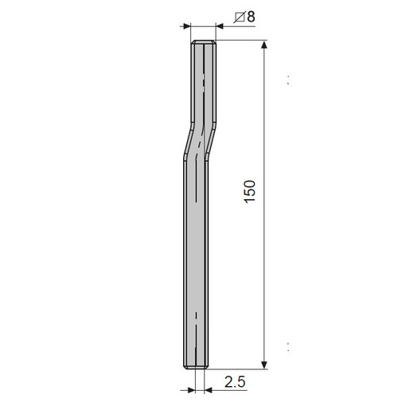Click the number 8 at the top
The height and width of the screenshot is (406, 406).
tap(251, 17)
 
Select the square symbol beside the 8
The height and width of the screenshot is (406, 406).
tap(239, 18)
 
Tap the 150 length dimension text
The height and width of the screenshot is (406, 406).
tap(249, 192)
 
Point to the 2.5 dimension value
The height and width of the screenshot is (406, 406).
tap(235, 382)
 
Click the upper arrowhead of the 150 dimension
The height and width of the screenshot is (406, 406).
tap(264, 45)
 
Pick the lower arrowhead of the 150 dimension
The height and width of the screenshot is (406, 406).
tap(264, 365)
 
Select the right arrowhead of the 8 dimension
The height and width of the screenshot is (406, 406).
tap(220, 26)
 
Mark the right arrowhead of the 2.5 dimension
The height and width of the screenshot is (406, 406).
tap(209, 390)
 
